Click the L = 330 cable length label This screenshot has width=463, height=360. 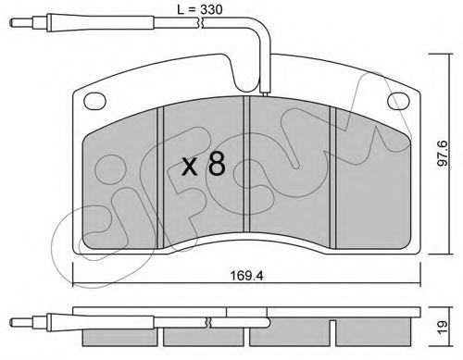tap(199, 9)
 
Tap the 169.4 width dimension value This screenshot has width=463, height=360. tap(246, 276)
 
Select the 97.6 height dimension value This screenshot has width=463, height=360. tap(444, 154)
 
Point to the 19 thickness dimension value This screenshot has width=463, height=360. tap(443, 327)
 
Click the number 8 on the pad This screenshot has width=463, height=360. tap(217, 164)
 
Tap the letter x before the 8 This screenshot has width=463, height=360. tap(189, 167)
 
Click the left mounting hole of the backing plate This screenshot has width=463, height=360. tap(94, 101)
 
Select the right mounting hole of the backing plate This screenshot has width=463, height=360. tap(398, 101)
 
